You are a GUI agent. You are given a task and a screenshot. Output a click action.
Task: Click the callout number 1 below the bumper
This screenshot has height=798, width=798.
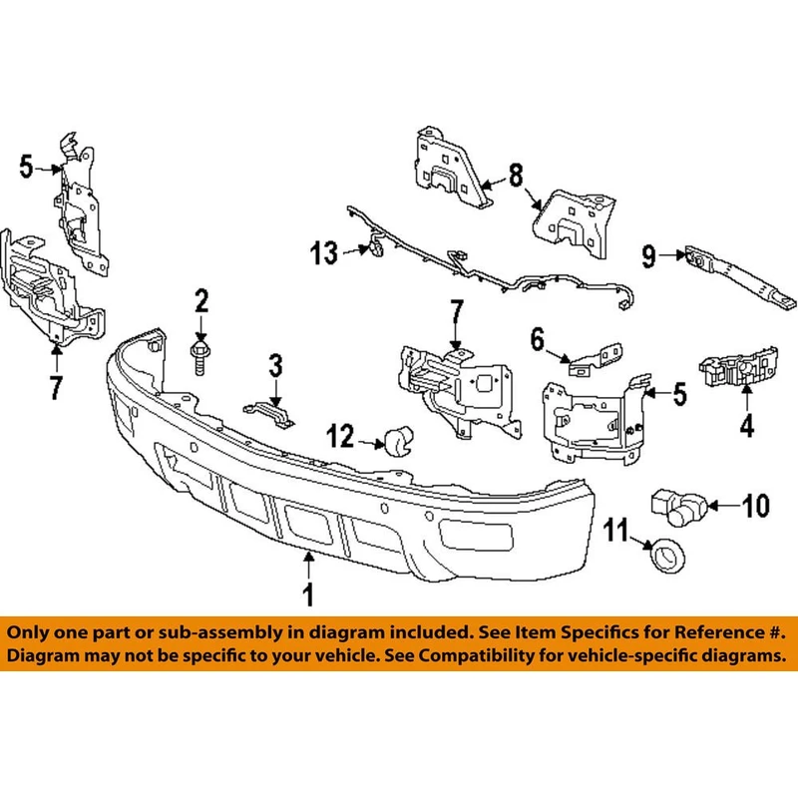click(308, 595)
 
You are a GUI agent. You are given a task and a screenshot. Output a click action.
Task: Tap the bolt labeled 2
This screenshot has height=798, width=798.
click(199, 357)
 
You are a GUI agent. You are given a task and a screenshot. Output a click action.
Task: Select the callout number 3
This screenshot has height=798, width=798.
click(275, 366)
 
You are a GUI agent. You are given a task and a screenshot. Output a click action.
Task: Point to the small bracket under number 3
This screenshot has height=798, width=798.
click(269, 413)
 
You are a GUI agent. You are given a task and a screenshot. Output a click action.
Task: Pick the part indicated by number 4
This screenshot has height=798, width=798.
click(738, 369)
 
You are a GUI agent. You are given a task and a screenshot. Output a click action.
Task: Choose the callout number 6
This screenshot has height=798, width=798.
click(538, 339)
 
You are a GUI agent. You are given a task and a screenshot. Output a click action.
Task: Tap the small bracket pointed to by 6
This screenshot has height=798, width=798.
click(596, 359)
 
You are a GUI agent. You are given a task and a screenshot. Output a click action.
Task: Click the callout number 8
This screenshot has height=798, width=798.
click(516, 176)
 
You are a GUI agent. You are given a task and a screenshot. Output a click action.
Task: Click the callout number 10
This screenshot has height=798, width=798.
click(756, 506)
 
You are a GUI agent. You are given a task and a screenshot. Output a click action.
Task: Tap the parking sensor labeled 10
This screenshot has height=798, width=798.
click(678, 507)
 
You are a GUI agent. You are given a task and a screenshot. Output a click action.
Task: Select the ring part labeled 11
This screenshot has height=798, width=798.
click(667, 555)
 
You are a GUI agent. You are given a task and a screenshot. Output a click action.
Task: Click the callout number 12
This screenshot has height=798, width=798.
click(340, 436)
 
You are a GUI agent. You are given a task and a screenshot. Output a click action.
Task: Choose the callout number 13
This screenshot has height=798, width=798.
click(324, 253)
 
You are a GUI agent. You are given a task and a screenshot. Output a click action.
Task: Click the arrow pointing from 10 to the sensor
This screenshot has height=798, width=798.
click(722, 506)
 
